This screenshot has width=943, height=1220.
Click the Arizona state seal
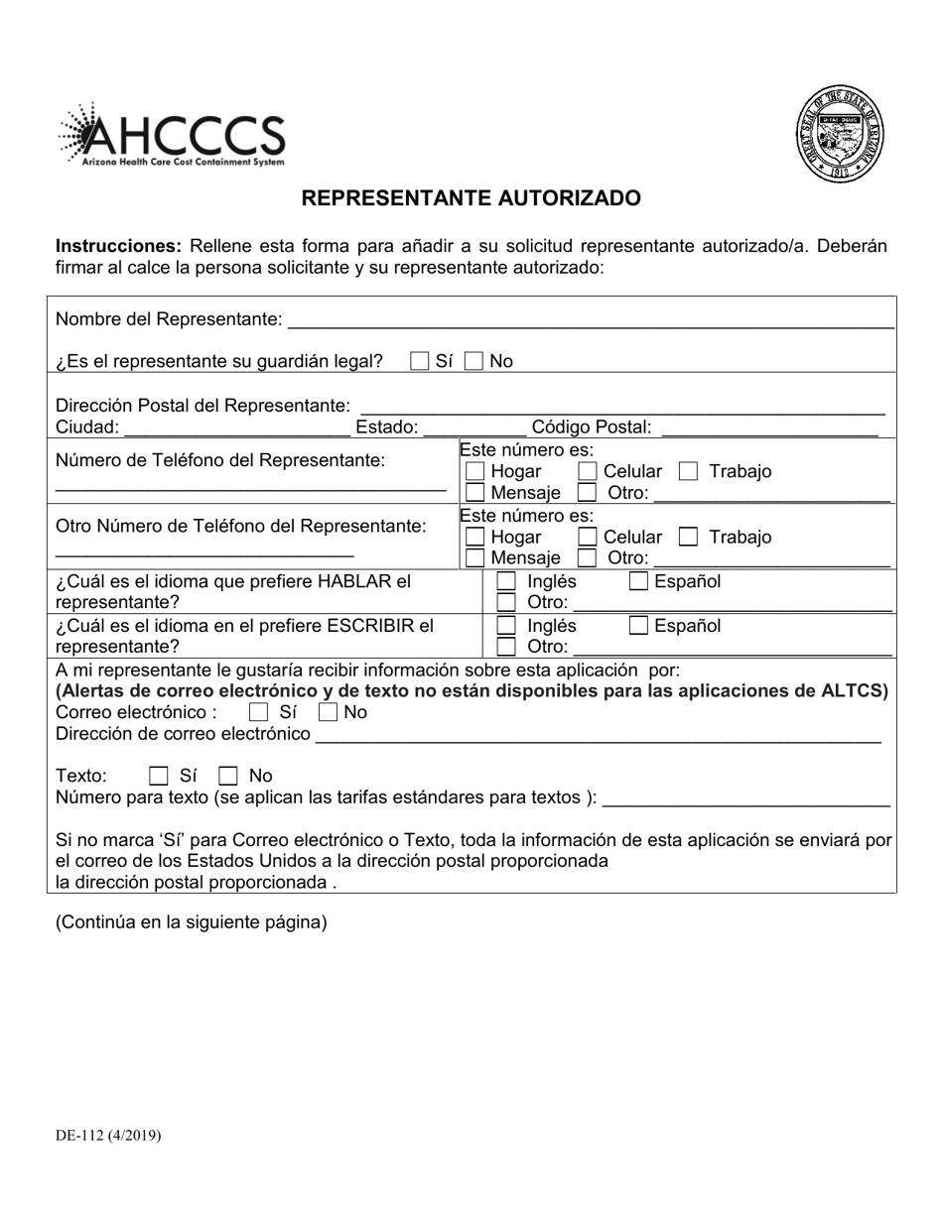[x=839, y=135]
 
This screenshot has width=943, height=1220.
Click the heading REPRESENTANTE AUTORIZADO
[x=471, y=198]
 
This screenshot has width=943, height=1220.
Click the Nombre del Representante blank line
[x=590, y=319]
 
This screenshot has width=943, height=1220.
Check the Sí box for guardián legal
[x=420, y=362]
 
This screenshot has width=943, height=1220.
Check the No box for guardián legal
[x=474, y=362]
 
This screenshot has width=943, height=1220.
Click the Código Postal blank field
[x=768, y=427]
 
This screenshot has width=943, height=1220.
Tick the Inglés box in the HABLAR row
[x=506, y=582]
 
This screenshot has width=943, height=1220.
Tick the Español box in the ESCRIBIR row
[x=639, y=626]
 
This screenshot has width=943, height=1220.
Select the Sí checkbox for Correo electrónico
[x=259, y=712]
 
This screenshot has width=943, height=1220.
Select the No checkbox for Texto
[x=228, y=776]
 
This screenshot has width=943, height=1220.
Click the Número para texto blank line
[x=746, y=797]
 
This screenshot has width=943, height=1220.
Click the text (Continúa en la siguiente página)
[x=192, y=922]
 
